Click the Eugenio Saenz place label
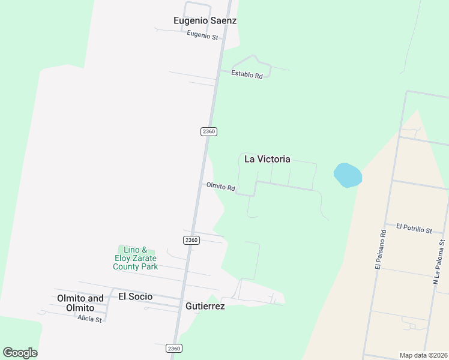click(x=205, y=20)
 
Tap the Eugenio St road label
click(x=202, y=35)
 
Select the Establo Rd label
click(x=247, y=75)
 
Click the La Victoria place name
click(x=267, y=159)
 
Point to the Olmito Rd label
click(x=220, y=187)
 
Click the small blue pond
click(x=348, y=175)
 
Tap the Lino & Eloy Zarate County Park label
click(x=136, y=258)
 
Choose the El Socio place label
click(x=135, y=296)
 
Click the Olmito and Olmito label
click(x=80, y=303)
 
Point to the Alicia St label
click(x=89, y=319)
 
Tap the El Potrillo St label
click(x=414, y=229)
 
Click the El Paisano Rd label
click(x=379, y=249)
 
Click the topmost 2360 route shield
click(x=208, y=131)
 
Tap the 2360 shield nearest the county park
click(x=191, y=240)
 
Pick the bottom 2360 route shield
click(x=173, y=348)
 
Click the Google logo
click(x=20, y=353)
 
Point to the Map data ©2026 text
click(x=423, y=355)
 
